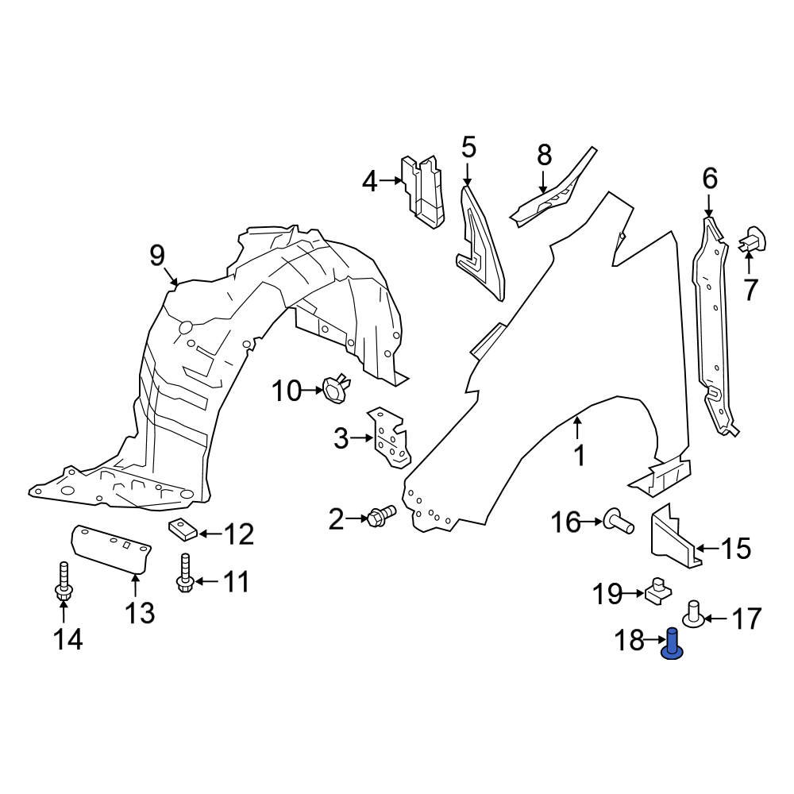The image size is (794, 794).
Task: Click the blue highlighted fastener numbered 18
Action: click(x=673, y=643)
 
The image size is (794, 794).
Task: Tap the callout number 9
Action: click(x=156, y=255)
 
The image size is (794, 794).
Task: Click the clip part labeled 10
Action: click(x=333, y=388)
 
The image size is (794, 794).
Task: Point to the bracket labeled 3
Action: click(x=389, y=438)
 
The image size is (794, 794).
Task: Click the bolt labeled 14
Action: click(x=63, y=583)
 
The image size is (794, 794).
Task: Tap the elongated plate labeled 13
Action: click(x=111, y=547)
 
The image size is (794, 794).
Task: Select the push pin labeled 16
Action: click(x=619, y=522)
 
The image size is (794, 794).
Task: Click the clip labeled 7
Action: click(x=753, y=237)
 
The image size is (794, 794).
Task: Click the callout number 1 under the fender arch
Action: click(x=579, y=455)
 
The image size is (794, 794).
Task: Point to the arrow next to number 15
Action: click(x=710, y=548)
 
